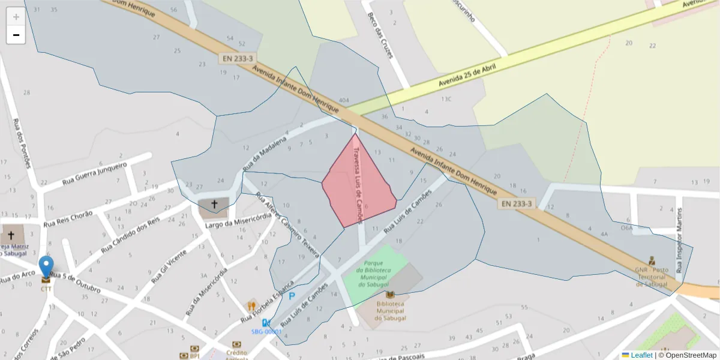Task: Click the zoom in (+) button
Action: point(16,17)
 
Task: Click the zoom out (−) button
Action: point(16,35)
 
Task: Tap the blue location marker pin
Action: point(46,268)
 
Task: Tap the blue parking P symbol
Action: point(292,296)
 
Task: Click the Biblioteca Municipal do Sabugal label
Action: point(390,311)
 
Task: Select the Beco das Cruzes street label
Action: point(380,35)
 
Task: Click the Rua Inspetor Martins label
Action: point(679,240)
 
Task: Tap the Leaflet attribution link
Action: point(641,355)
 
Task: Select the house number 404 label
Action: point(344,100)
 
